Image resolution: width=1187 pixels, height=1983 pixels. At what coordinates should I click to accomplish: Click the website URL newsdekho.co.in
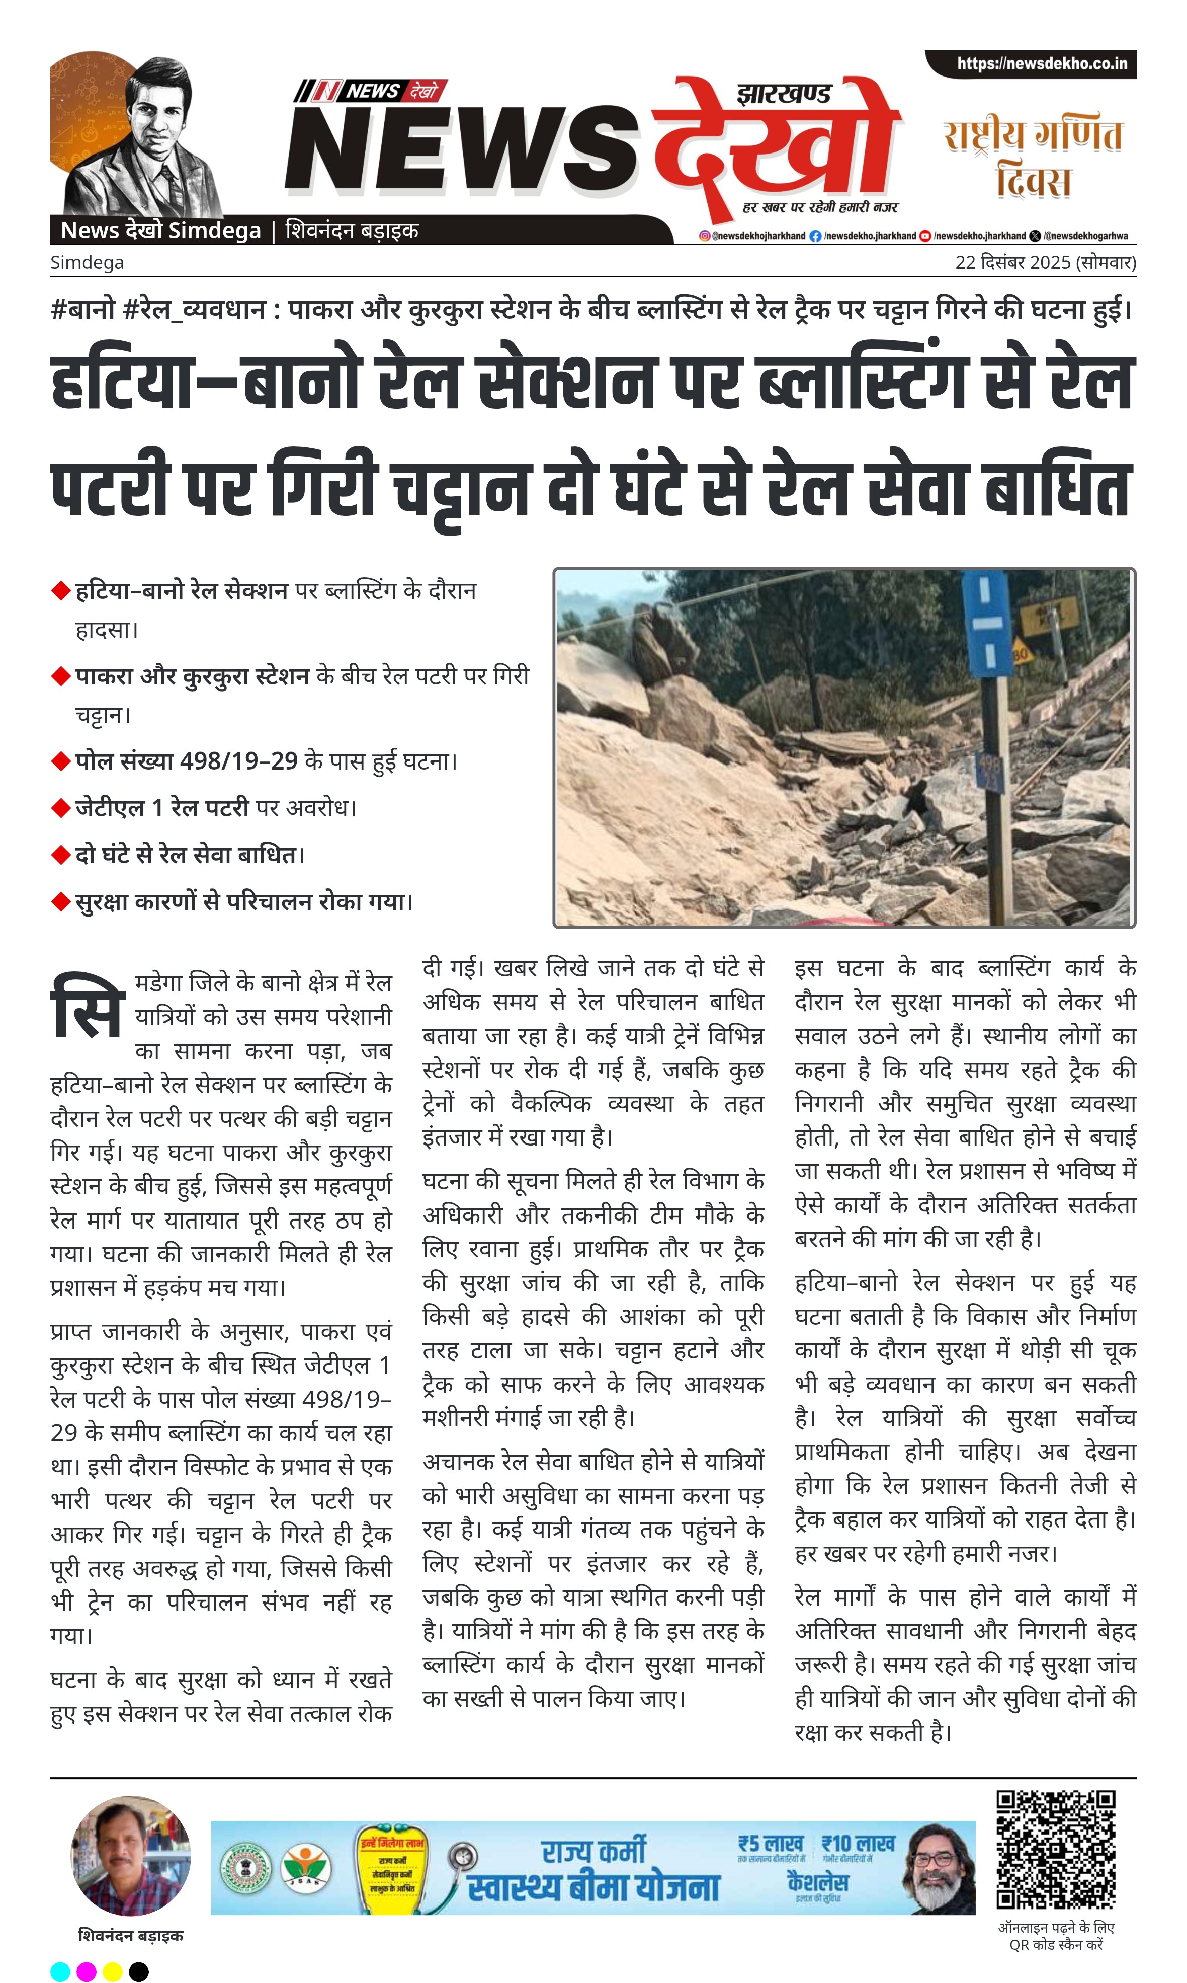pyautogui.click(x=1042, y=64)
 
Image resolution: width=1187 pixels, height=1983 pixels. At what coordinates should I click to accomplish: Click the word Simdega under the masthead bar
pyautogui.click(x=87, y=263)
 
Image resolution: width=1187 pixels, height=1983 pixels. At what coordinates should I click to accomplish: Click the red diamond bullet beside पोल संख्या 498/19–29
pyautogui.click(x=61, y=761)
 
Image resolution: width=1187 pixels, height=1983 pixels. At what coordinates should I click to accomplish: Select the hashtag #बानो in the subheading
pyautogui.click(x=82, y=309)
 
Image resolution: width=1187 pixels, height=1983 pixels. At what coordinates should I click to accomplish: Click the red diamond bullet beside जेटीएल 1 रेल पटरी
pyautogui.click(x=61, y=808)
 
